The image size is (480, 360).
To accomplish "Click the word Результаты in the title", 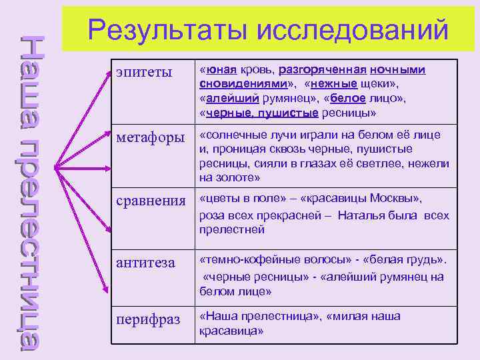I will click(x=167, y=31).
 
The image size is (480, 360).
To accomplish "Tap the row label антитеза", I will click(x=146, y=263).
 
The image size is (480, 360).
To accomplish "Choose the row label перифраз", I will click(x=148, y=319).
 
